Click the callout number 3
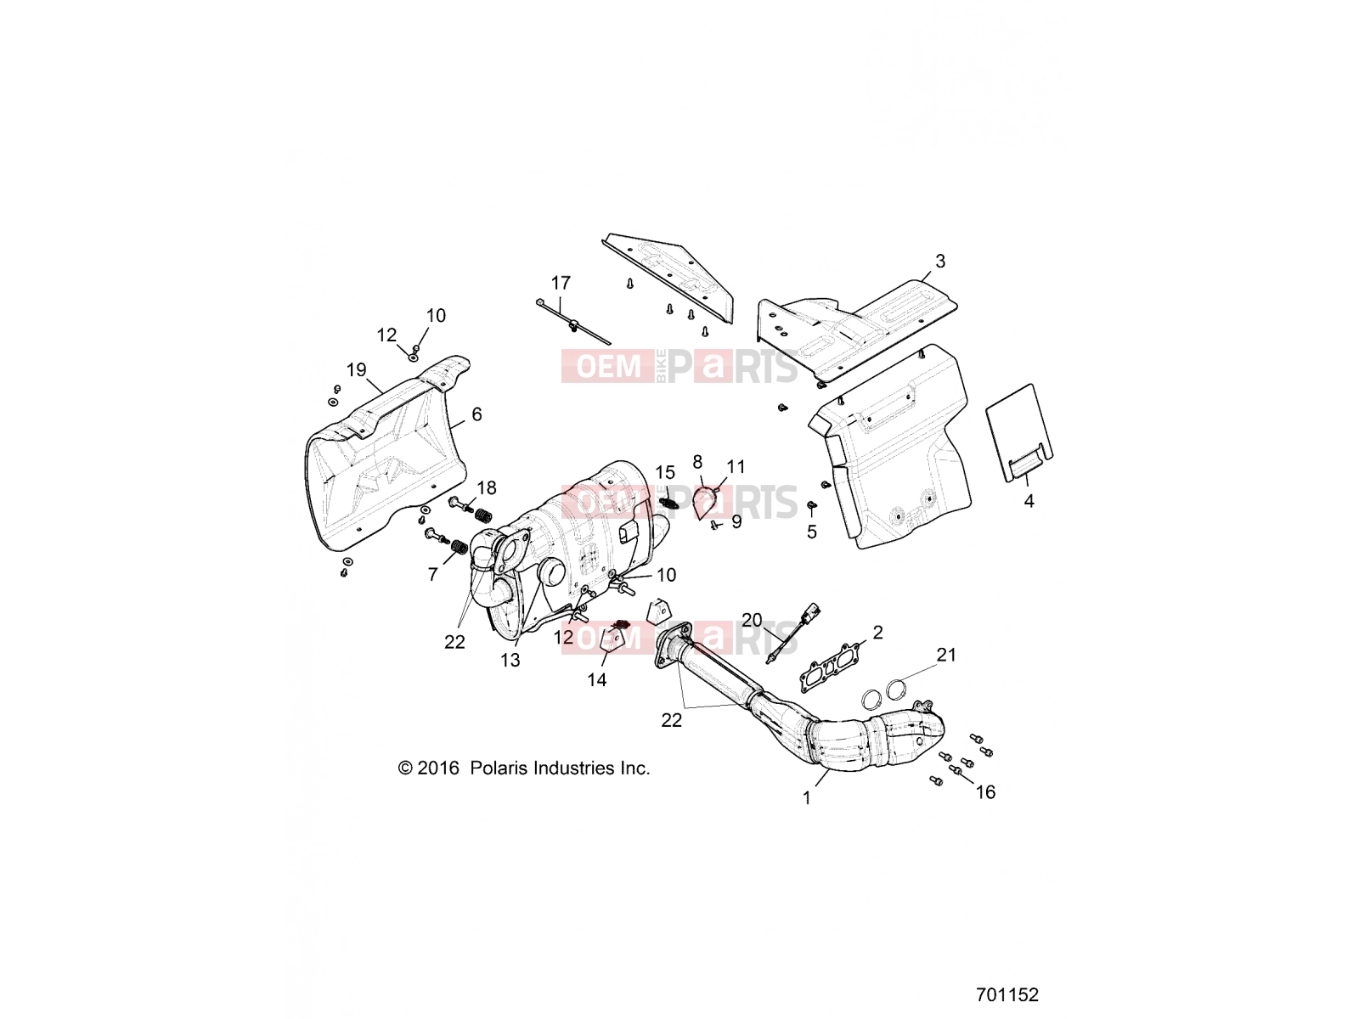click(940, 262)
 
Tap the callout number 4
click(1029, 501)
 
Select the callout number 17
click(561, 284)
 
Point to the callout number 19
click(356, 370)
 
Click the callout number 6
click(476, 414)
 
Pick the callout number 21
click(946, 655)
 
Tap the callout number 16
click(985, 792)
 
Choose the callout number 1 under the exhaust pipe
click(806, 799)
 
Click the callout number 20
click(752, 620)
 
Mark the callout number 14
click(597, 680)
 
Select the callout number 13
click(510, 661)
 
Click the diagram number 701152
click(1007, 995)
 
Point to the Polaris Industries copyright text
click(524, 768)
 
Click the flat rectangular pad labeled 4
click(1019, 432)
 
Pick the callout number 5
click(812, 532)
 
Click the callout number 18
click(487, 488)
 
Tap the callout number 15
click(665, 473)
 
